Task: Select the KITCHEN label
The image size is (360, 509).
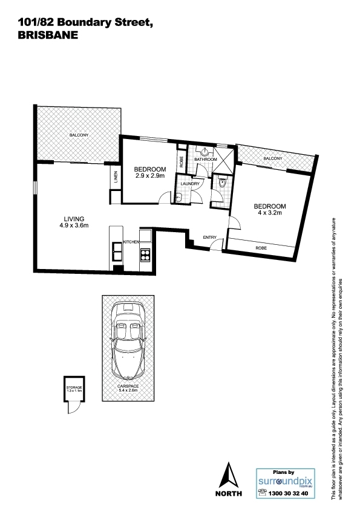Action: [131, 242]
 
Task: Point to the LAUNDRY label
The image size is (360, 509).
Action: [190, 184]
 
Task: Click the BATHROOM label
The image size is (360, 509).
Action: [205, 160]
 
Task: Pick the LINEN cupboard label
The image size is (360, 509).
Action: [116, 177]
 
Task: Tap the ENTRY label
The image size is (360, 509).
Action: [209, 238]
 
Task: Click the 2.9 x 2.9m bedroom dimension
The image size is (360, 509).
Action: [150, 176]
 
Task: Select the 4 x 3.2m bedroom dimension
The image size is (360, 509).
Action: [270, 213]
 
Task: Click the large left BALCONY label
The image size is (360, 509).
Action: [79, 135]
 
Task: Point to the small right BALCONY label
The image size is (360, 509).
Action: [273, 158]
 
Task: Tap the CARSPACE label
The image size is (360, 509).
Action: [128, 386]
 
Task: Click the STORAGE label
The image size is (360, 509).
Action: [74, 387]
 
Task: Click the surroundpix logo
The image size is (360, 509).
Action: [286, 482]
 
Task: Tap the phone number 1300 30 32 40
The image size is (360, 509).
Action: [288, 493]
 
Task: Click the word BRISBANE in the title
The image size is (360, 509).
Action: [48, 35]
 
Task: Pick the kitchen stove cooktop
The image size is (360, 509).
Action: [145, 254]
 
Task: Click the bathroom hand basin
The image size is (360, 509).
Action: [205, 152]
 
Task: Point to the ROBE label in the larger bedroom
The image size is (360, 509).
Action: [261, 248]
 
